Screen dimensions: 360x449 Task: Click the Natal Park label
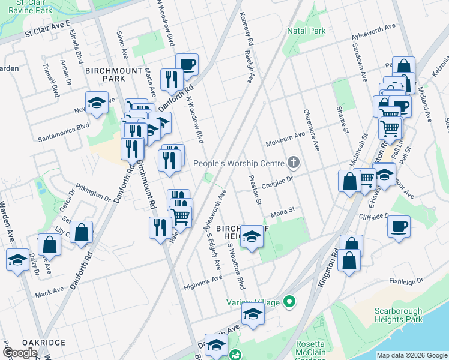(306, 30)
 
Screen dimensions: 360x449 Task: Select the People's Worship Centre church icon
(294, 163)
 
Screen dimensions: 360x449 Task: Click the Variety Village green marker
(290, 302)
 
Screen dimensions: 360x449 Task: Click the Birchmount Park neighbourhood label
(113, 74)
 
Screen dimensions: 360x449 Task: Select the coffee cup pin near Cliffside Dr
(399, 227)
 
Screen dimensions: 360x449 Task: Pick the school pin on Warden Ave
(17, 260)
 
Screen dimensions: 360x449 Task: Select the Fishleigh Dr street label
(406, 280)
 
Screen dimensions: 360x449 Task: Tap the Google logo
(20, 353)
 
